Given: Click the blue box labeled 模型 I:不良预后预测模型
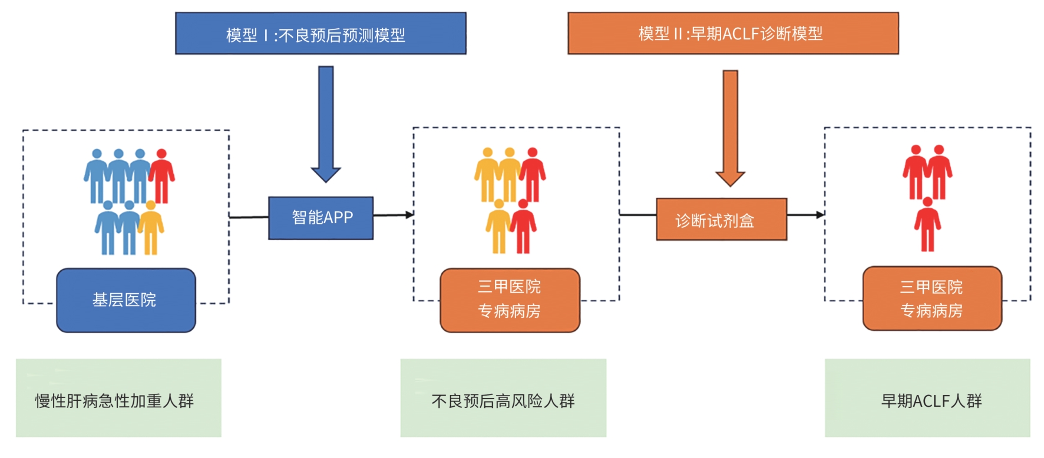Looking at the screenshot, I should [x=321, y=34].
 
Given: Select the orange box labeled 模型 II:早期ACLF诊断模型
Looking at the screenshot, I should [x=733, y=34].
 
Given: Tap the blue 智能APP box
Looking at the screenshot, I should [x=321, y=218].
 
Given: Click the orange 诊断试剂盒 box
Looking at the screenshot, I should [x=721, y=220].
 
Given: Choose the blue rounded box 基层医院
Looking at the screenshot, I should [x=125, y=300].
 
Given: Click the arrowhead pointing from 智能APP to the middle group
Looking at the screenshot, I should [x=409, y=215].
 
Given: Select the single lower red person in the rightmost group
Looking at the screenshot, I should [x=927, y=224].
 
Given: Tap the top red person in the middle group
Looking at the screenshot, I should [x=533, y=174].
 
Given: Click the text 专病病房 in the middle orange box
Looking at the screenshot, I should [x=509, y=311].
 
